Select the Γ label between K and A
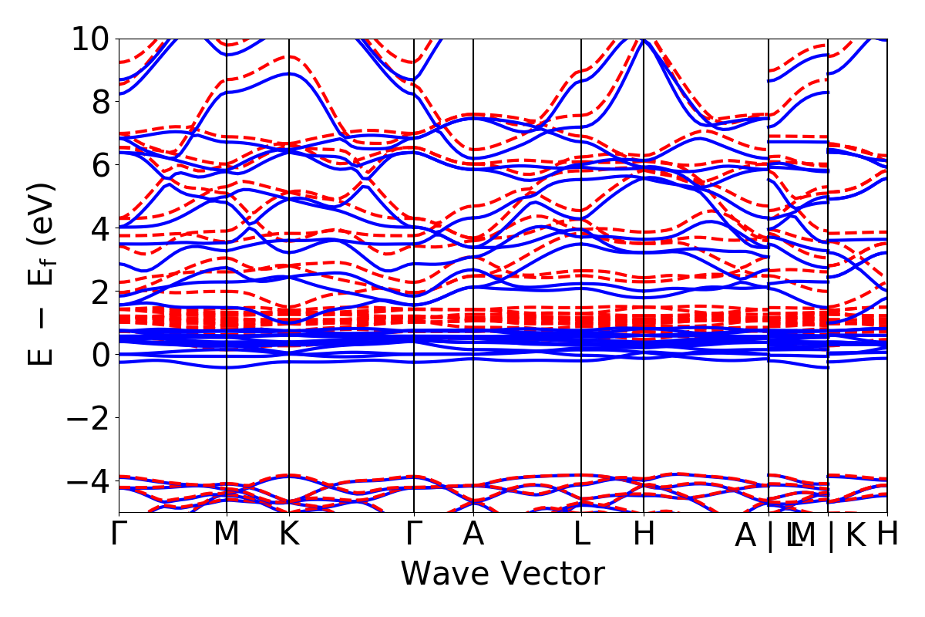pos(415,534)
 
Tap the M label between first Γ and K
pos(227,534)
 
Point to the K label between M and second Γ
pos(289,534)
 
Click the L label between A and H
pos(581,534)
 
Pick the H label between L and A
pos(644,534)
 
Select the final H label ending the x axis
pos(887,534)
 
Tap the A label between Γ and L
pos(473,534)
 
